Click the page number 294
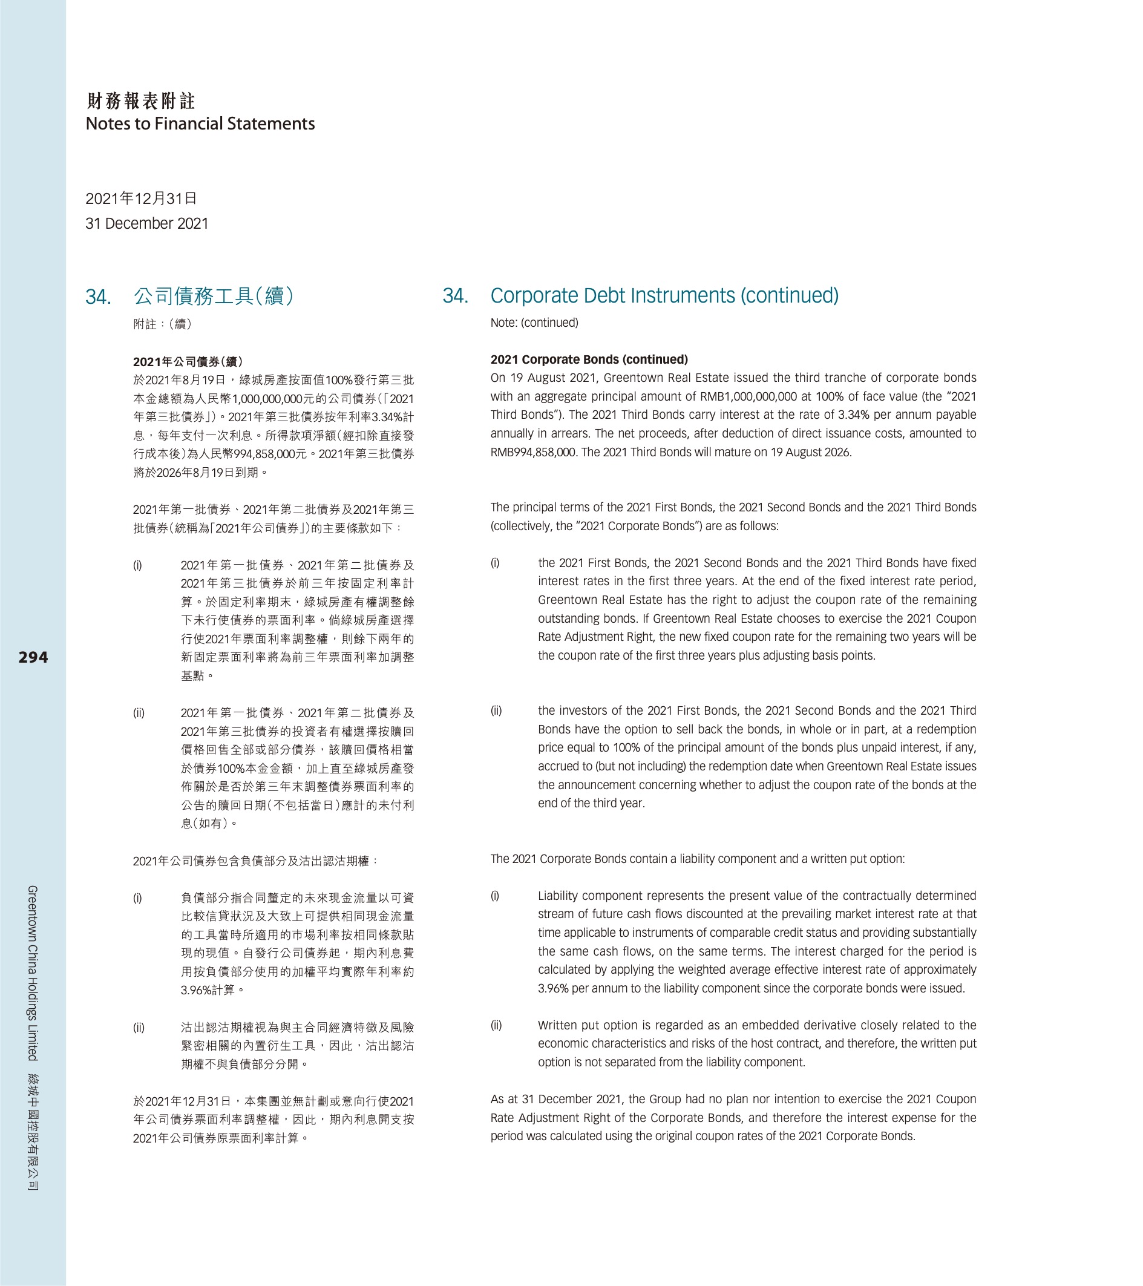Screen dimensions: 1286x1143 coord(33,657)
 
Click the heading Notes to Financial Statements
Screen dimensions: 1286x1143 coord(200,124)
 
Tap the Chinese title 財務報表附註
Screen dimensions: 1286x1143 coord(141,100)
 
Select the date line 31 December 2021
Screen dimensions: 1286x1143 coord(146,223)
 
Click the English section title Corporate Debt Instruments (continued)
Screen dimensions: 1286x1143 coord(664,295)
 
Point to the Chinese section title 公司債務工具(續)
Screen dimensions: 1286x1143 coord(213,296)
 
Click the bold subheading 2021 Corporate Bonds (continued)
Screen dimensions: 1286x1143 coord(589,359)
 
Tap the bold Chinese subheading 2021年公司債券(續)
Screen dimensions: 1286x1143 coord(188,362)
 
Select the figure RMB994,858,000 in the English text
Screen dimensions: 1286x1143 coord(532,451)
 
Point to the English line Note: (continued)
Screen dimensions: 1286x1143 coord(534,323)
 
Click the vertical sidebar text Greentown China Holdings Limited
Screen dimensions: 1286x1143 coord(33,972)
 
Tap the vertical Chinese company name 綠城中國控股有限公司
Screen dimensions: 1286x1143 coord(33,1131)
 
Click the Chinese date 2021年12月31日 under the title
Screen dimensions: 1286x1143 coord(142,199)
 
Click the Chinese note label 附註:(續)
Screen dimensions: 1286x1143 coord(163,324)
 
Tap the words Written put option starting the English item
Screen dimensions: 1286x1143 coord(585,1025)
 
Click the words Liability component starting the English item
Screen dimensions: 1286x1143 coord(590,895)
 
